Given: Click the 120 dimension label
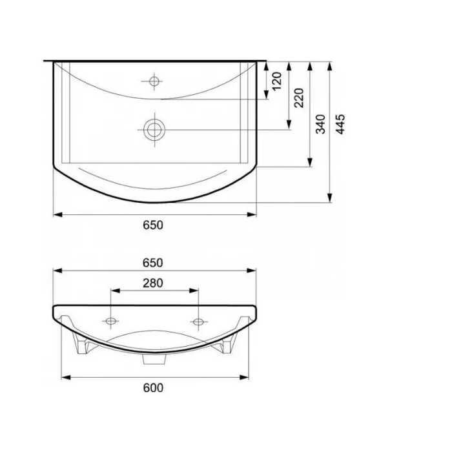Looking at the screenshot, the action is [x=276, y=81].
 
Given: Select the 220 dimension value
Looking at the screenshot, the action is [x=299, y=98].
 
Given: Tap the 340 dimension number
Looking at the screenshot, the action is [x=320, y=124].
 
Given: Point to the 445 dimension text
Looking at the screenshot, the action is [x=340, y=124].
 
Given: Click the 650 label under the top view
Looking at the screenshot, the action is [x=153, y=225].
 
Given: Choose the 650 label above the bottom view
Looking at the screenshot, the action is [x=153, y=263].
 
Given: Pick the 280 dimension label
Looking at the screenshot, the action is [x=153, y=283].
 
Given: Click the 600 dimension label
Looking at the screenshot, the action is [x=153, y=387].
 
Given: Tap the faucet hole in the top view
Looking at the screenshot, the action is [x=154, y=81].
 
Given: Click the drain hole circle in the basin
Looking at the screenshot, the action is [x=154, y=130].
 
